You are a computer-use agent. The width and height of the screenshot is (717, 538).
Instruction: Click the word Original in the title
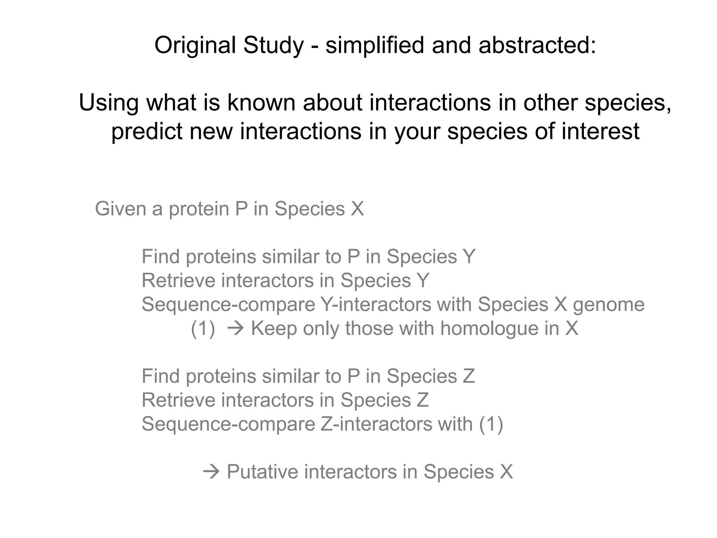coord(195,46)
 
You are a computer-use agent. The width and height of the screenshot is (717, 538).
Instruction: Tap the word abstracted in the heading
coord(537,46)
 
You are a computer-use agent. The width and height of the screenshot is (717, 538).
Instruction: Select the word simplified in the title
coord(375,46)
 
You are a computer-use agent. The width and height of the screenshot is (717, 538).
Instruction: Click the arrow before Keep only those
coord(235,329)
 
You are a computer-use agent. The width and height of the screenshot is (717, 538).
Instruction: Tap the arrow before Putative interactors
coord(211,472)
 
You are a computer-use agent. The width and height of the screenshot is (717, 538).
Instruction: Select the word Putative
coord(262,472)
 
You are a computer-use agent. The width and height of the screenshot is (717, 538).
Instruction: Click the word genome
coord(608,304)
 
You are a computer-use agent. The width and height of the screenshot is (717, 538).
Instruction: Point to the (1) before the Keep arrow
coord(203,329)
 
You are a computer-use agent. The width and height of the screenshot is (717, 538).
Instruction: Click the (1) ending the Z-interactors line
coord(491,424)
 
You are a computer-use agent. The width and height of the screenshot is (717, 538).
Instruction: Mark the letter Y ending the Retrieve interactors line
coord(423,281)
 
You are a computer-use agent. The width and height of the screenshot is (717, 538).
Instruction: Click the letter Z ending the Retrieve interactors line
coord(423,400)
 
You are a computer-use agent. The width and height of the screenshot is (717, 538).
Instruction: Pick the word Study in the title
coord(273,46)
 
